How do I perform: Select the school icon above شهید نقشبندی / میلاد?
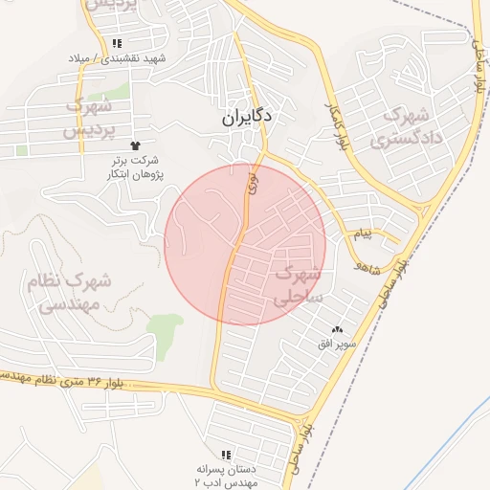(117, 43)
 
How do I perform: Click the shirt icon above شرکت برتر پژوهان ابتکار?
(145, 145)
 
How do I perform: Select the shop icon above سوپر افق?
(337, 329)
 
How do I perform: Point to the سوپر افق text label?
(339, 343)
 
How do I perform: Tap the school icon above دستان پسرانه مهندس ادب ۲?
(226, 455)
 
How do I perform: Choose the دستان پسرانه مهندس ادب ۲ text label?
(226, 477)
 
